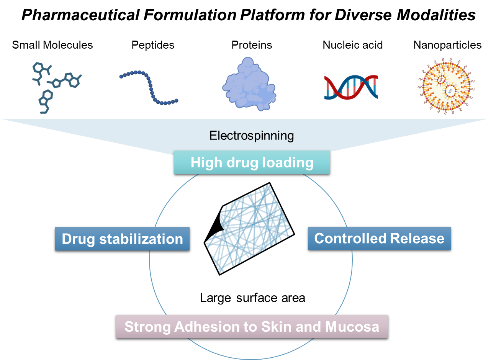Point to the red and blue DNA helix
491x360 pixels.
pyautogui.click(x=351, y=87)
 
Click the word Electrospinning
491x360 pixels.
pyautogui.click(x=252, y=135)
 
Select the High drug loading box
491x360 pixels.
pyautogui.click(x=252, y=162)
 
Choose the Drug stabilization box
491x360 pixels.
pyautogui.click(x=122, y=239)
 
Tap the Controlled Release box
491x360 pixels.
pyautogui.click(x=379, y=238)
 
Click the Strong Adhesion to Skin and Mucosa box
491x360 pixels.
pyautogui.click(x=252, y=327)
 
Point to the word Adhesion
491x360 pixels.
pyautogui.click(x=203, y=327)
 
